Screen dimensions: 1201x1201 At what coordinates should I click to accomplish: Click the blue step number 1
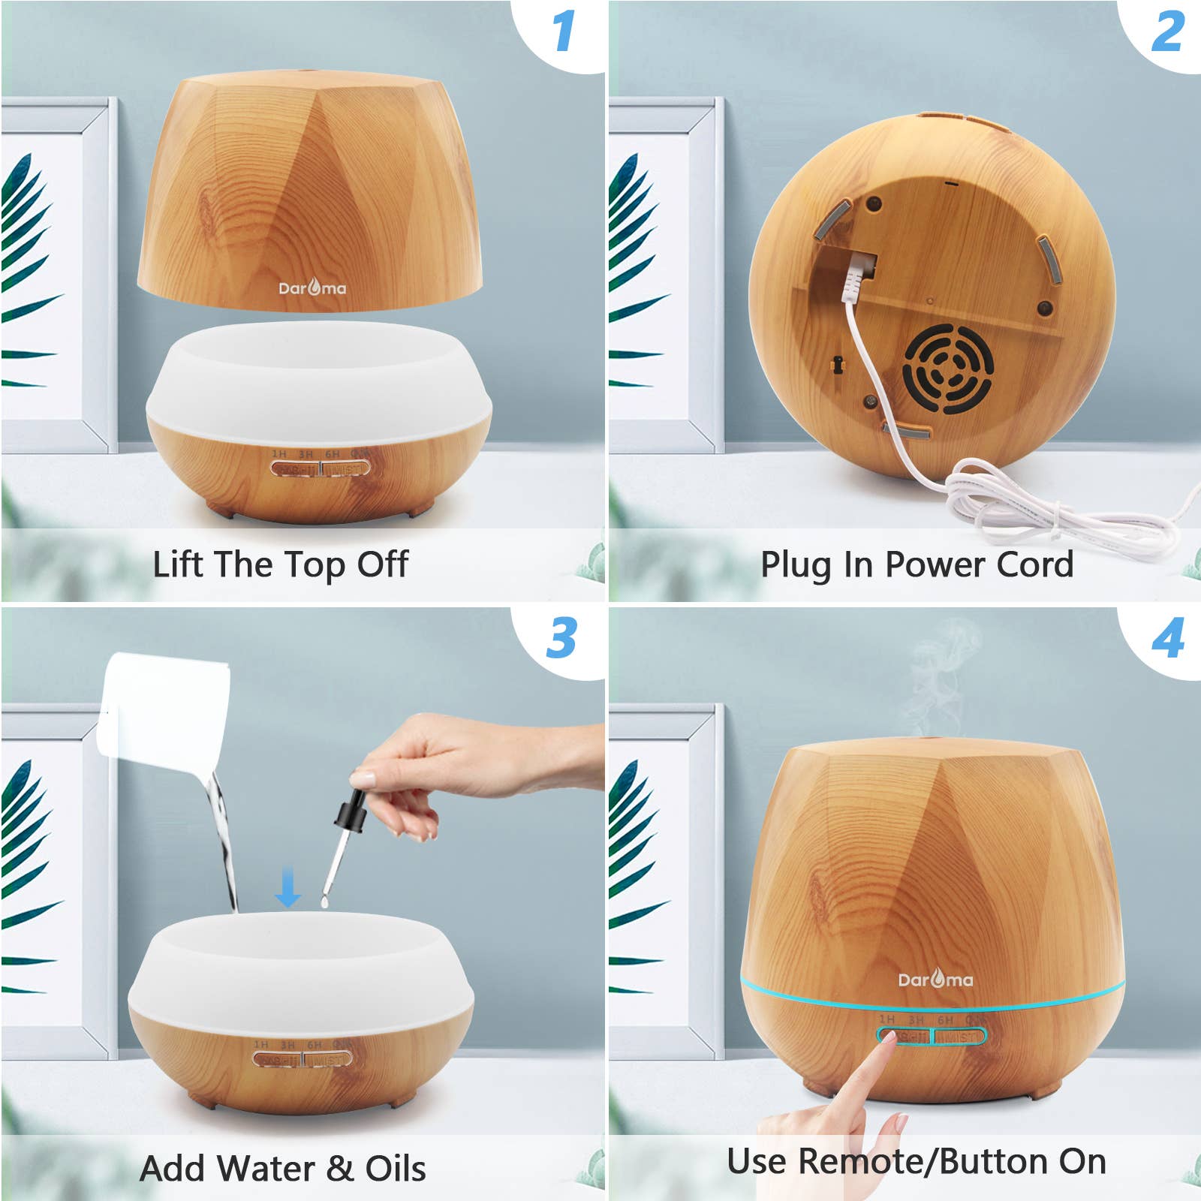pos(563,32)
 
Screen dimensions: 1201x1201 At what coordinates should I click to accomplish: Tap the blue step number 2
pos(1168,32)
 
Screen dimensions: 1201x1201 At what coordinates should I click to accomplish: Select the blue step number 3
pos(561,638)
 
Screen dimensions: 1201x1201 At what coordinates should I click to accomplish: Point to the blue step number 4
pos(1168,638)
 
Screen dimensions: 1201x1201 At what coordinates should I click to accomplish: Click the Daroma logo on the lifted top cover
pos(312,287)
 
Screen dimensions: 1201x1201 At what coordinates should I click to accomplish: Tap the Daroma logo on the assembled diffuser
pos(935,979)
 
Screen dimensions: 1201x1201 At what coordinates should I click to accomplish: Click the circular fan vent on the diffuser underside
pos(947,369)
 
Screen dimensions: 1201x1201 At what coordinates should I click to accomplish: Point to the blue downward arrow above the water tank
pos(287,887)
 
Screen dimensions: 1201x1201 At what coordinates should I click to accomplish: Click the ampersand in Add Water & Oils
pos(340,1169)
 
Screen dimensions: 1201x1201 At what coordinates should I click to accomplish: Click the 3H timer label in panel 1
pos(306,454)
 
